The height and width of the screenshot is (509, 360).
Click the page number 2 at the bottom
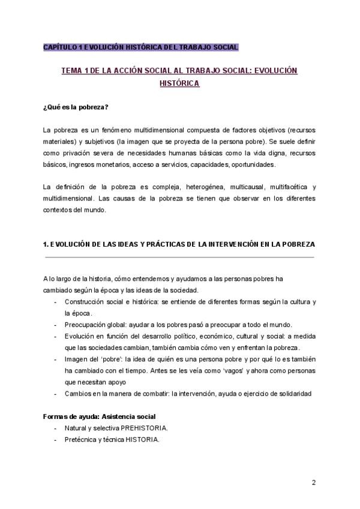(313, 483)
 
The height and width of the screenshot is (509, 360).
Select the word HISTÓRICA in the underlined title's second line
(179, 83)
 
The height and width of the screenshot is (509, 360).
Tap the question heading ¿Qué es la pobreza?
(76, 107)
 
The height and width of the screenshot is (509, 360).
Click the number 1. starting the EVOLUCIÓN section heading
(46, 244)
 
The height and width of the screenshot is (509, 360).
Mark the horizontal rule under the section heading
(179, 257)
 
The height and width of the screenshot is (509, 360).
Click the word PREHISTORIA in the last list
(144, 428)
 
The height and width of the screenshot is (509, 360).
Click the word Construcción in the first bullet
(84, 301)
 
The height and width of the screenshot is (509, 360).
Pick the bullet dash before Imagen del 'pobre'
(56, 359)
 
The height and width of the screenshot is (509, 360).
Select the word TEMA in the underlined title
(73, 71)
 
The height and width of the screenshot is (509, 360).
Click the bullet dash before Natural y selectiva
(56, 428)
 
